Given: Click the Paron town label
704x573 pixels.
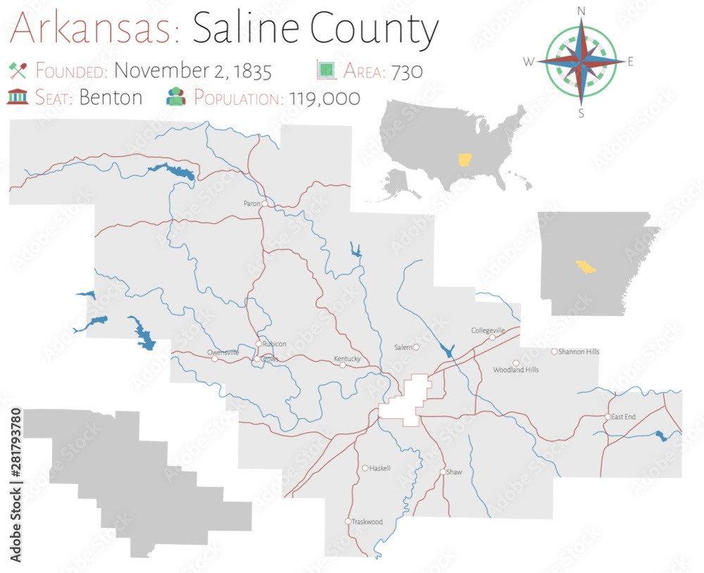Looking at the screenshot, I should click(251, 203).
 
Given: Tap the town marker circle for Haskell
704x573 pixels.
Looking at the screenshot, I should click(365, 468).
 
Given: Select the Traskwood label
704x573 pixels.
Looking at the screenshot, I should click(367, 522).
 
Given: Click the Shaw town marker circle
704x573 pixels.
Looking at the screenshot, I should click(443, 472).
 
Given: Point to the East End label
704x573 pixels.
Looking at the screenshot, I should click(624, 417).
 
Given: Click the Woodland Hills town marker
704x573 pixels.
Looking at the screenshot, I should click(516, 363).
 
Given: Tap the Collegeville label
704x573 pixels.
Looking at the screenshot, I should click(489, 330).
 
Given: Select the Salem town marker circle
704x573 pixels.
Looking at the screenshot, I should click(416, 346).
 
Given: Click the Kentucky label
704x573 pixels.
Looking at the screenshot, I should click(347, 359).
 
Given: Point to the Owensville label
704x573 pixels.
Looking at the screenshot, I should click(223, 352).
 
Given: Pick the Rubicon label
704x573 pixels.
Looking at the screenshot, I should click(275, 344).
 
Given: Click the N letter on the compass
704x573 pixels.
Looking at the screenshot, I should click(582, 11).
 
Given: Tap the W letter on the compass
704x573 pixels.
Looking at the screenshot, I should click(529, 62).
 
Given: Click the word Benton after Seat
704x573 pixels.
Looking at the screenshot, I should click(111, 97).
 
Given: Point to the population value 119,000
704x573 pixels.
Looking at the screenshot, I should click(322, 98).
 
